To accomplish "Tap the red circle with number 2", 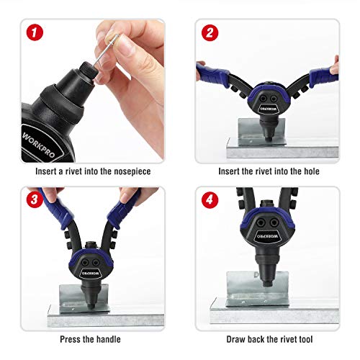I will tap(210, 33).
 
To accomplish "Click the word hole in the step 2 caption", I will tap(308, 171).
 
